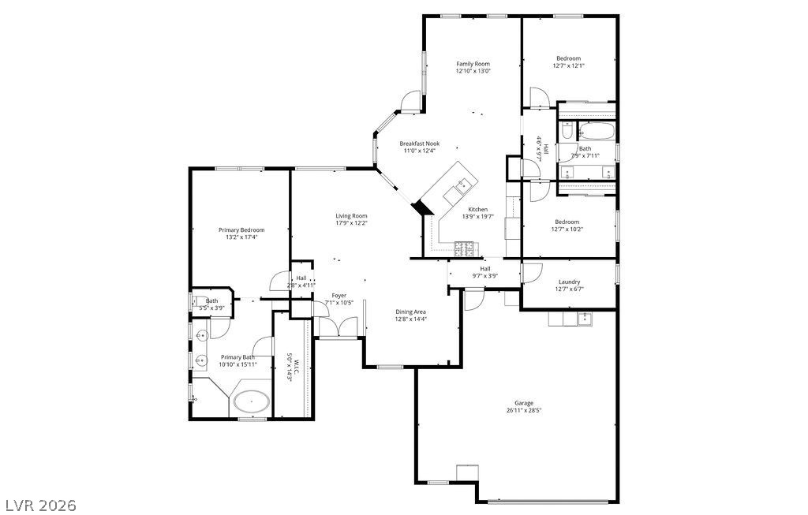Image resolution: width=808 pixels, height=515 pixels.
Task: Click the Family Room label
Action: pyautogui.click(x=473, y=64)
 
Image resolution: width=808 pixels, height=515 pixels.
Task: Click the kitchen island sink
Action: pyautogui.click(x=462, y=186)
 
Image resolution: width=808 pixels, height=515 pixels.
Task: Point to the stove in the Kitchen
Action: pyautogui.click(x=464, y=250)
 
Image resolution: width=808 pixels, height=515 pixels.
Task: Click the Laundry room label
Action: pyautogui.click(x=569, y=282)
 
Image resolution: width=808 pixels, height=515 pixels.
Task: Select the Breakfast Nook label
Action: pyautogui.click(x=419, y=144)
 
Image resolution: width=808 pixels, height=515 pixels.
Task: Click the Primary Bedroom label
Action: pyautogui.click(x=241, y=230)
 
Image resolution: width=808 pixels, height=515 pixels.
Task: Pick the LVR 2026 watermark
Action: pyautogui.click(x=39, y=504)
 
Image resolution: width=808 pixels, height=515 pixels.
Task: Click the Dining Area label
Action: pyautogui.click(x=410, y=312)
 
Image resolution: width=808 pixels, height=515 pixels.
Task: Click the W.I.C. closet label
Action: pyautogui.click(x=290, y=367)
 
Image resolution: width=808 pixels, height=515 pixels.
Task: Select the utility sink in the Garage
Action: pyautogui.click(x=584, y=318)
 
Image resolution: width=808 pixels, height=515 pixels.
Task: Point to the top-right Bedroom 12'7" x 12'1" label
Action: pyautogui.click(x=569, y=58)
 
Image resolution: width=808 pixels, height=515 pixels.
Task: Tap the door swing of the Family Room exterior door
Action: pyautogui.click(x=411, y=102)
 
